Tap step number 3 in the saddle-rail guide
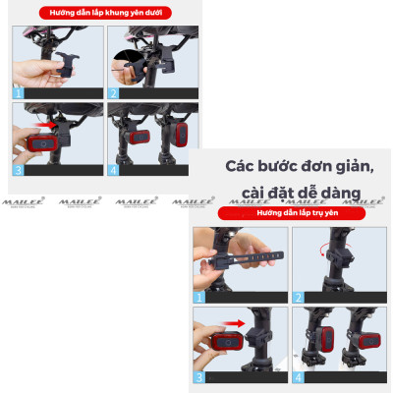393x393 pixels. coord(17,168)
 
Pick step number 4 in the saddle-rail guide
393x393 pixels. coord(113,168)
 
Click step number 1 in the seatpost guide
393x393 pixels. coord(199,295)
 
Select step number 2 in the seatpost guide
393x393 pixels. coord(298,295)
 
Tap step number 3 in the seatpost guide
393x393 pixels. coord(199,376)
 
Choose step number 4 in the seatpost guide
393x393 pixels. coord(298,376)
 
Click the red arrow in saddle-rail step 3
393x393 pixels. coord(49,127)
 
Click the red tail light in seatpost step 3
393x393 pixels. coord(224,343)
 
